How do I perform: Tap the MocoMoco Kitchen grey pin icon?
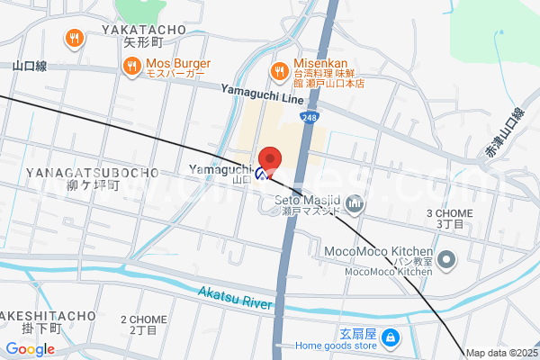(447, 261)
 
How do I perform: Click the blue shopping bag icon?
(391, 339)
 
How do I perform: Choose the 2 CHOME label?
(143, 319)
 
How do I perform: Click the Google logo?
(30, 349)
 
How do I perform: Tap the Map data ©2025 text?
(500, 353)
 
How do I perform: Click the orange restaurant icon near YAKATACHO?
(75, 38)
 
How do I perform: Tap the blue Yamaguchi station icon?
(261, 174)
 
